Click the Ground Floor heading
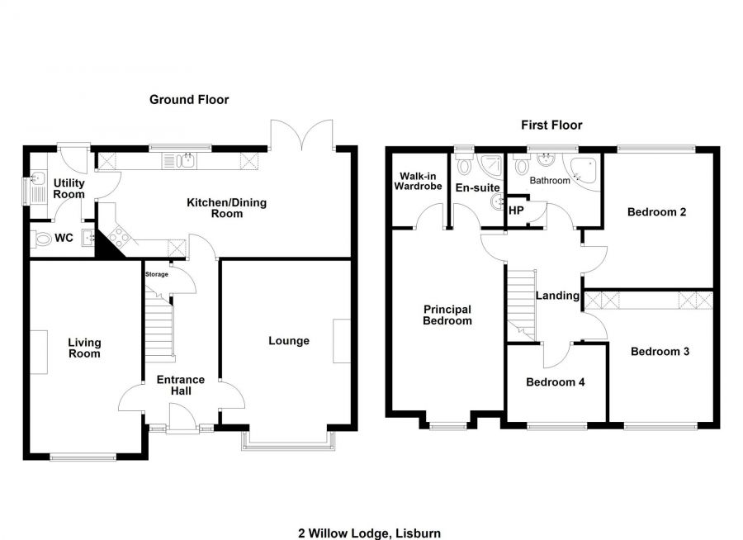[x=188, y=100]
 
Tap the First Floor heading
[x=551, y=126]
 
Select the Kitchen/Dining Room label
[x=226, y=208]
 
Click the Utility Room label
[x=69, y=188]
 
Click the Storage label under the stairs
[x=157, y=274]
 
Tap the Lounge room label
[x=289, y=341]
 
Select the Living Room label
[x=84, y=348]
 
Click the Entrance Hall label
[x=181, y=385]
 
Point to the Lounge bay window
[x=289, y=447]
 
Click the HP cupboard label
[x=516, y=211]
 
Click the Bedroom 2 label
[x=656, y=211]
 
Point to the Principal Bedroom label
[x=447, y=315]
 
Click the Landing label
[x=557, y=296]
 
